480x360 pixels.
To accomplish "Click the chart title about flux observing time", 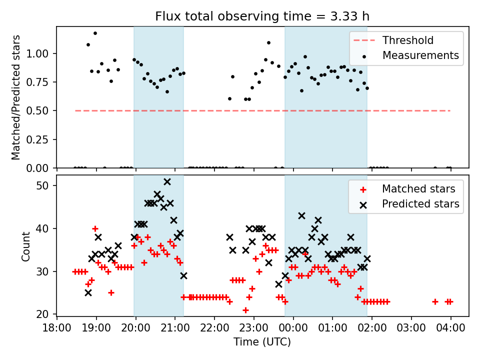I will (262, 16).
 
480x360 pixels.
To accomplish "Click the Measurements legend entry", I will (420, 55).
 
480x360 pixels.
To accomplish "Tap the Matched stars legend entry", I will (418, 189).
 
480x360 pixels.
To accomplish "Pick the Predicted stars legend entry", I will (420, 204).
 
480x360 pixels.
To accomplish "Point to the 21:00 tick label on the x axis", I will (175, 329).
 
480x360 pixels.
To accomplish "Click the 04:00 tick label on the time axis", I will (451, 329).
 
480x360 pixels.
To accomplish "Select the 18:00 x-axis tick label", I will (57, 329).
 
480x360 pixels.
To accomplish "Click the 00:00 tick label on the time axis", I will (293, 329).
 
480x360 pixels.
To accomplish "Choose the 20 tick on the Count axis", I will (45, 314).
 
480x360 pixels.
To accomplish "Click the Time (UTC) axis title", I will (262, 342).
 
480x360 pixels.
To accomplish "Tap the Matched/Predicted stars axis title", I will (16, 97).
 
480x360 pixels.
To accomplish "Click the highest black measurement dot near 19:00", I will (95, 33).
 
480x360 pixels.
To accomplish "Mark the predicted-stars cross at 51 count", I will (167, 181).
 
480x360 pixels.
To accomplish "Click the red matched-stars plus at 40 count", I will (95, 228).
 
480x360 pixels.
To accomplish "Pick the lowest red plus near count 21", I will (245, 310).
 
